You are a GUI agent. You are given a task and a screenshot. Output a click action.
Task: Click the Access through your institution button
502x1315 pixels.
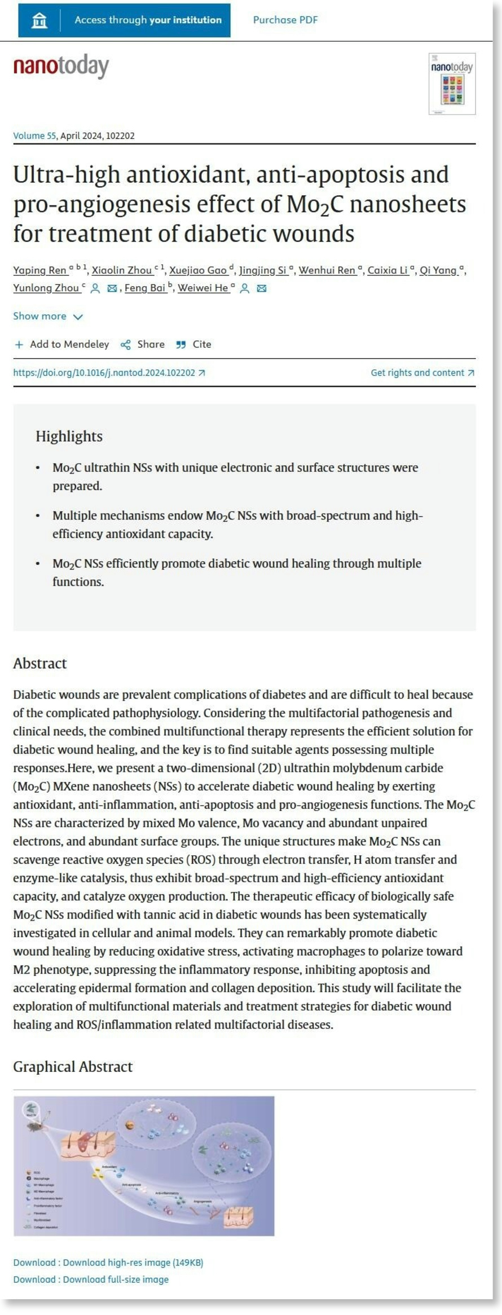point(124,20)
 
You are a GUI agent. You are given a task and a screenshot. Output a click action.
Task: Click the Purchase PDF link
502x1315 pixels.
point(285,20)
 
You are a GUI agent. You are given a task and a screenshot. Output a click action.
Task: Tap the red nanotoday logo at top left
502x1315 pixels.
point(61,67)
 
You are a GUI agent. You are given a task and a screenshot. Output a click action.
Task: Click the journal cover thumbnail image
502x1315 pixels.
point(452,84)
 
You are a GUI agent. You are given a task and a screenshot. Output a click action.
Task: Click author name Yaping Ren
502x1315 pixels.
point(39,270)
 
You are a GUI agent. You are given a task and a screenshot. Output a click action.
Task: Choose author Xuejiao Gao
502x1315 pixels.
point(197,270)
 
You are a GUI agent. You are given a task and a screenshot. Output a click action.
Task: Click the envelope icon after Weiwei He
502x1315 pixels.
point(262,288)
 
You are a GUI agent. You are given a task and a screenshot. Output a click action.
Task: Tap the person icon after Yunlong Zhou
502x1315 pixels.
point(95,288)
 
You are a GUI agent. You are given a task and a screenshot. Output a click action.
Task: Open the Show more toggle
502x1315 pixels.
point(48,316)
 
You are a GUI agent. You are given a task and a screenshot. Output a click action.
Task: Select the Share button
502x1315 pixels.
point(143,344)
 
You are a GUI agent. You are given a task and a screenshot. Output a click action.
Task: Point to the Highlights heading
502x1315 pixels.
point(69,436)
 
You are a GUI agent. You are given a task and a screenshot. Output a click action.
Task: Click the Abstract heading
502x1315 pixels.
point(40,663)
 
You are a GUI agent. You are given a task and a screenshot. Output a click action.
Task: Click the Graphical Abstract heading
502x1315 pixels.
point(73,1066)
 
